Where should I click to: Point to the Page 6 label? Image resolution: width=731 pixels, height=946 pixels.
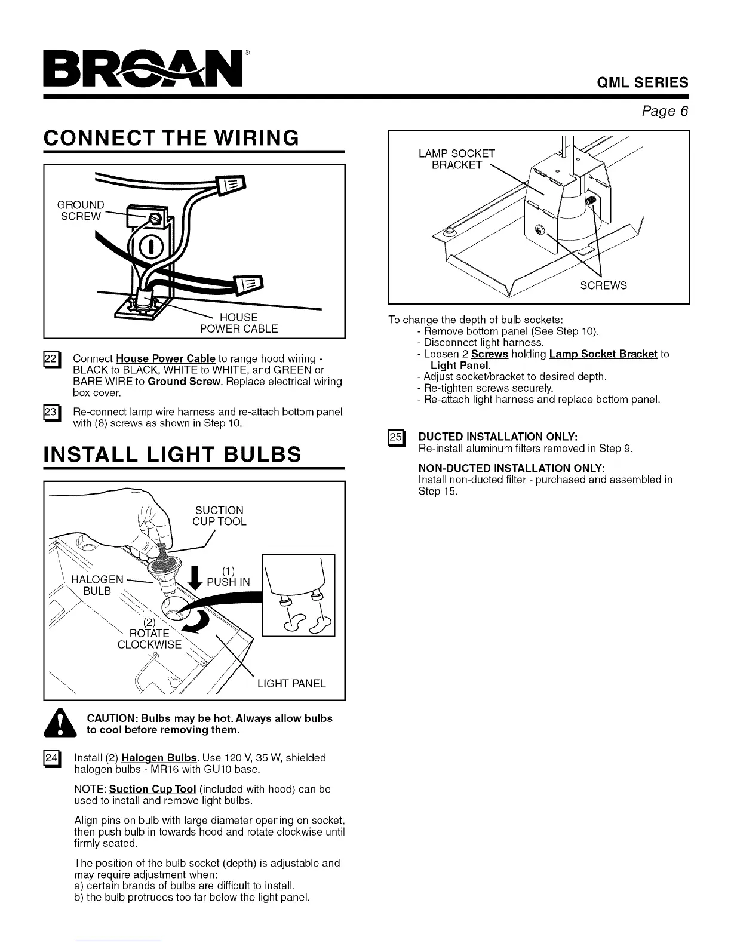pyautogui.click(x=664, y=112)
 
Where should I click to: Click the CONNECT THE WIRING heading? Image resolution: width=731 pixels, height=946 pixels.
pyautogui.click(x=171, y=138)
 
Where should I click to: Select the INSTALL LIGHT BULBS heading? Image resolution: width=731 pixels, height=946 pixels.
pyautogui.click(x=173, y=455)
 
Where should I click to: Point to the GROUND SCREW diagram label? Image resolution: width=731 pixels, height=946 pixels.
pyautogui.click(x=81, y=211)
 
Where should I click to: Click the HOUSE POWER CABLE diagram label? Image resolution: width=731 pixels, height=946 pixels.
pyautogui.click(x=238, y=323)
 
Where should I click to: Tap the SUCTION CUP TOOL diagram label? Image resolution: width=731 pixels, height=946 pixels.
pyautogui.click(x=219, y=516)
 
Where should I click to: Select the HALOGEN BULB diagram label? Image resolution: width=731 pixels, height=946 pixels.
pyautogui.click(x=97, y=585)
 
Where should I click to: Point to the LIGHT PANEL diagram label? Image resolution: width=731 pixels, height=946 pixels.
pyautogui.click(x=291, y=684)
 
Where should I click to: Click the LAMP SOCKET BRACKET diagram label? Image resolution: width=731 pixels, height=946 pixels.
pyautogui.click(x=457, y=159)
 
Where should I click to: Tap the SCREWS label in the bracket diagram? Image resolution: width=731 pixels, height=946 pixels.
pyautogui.click(x=604, y=285)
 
